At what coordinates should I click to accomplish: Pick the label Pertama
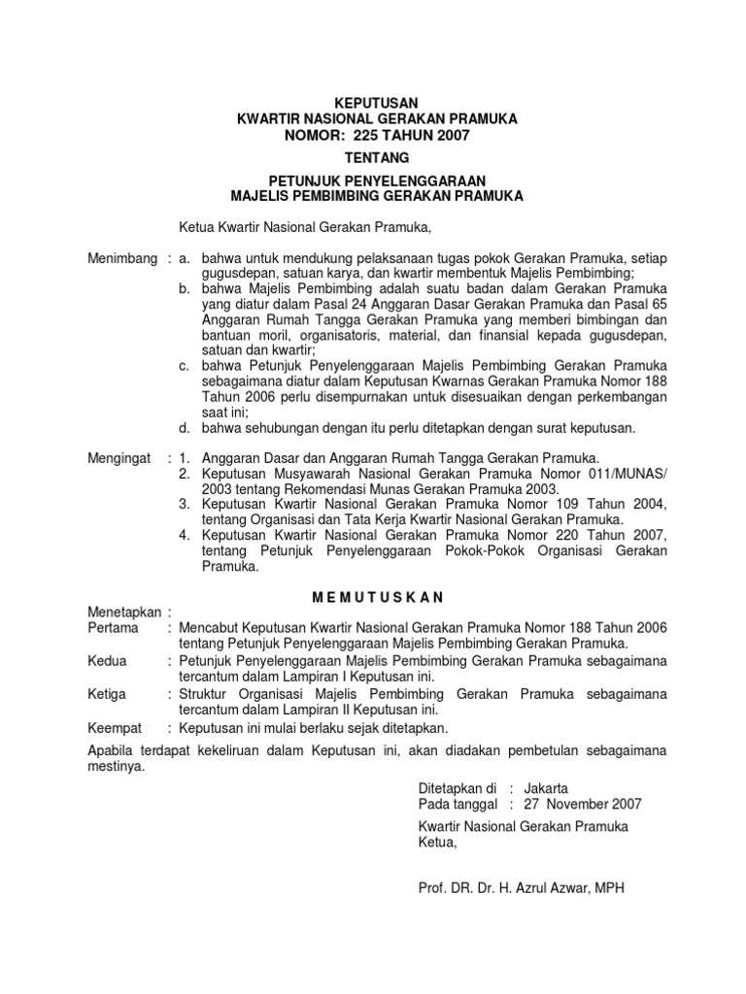[114, 628]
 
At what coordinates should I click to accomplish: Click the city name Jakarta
[546, 787]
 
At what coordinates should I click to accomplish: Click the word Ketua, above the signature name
[436, 843]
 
